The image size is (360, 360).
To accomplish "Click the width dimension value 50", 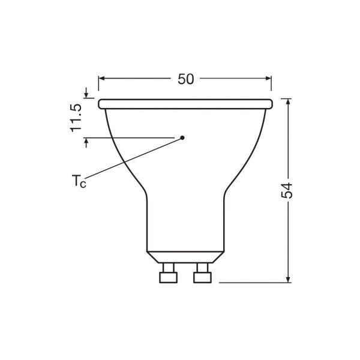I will pyautogui.click(x=185, y=79).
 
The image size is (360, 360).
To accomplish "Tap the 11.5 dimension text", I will pyautogui.click(x=76, y=118).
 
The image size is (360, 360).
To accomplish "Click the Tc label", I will pyautogui.click(x=79, y=181).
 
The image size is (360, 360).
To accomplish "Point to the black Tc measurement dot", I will pyautogui.click(x=182, y=137).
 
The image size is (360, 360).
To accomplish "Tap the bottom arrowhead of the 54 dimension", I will pyautogui.click(x=289, y=278).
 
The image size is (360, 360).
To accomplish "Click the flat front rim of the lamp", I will pyautogui.click(x=185, y=104).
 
